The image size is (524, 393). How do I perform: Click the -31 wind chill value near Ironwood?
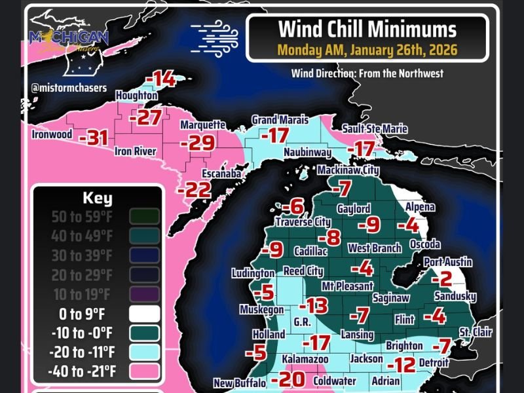tap(93, 138)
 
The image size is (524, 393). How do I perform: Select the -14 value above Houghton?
tap(160, 80)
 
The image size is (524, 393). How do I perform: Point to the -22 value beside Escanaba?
tap(194, 190)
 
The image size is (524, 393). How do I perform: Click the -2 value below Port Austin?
tap(445, 279)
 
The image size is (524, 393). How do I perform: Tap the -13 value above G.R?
tap(313, 305)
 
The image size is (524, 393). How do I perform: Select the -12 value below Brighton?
tap(402, 364)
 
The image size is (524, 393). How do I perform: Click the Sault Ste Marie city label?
tap(375, 129)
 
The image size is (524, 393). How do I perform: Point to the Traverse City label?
tap(303, 222)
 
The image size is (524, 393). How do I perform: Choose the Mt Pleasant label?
tap(347, 286)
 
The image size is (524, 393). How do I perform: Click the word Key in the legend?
tap(98, 198)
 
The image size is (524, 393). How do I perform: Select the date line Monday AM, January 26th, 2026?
tap(367, 50)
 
